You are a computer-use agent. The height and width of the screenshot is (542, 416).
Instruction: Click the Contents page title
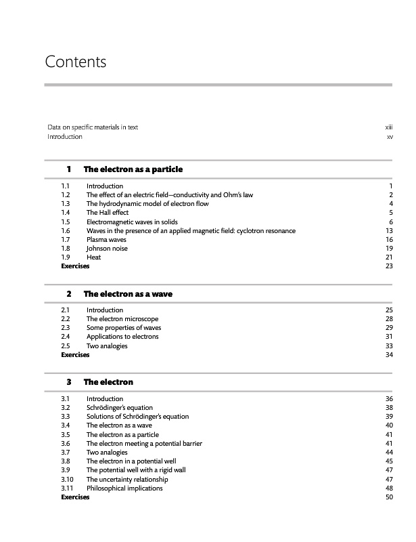click(x=76, y=62)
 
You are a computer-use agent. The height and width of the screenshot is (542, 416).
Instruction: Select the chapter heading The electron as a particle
click(x=133, y=169)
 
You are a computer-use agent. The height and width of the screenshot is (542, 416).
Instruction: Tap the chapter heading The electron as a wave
click(x=128, y=294)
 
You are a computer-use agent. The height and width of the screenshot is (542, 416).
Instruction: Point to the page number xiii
click(x=389, y=127)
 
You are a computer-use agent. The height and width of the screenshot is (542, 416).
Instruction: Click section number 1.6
click(x=66, y=231)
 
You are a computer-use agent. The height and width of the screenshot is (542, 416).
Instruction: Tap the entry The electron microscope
click(x=122, y=319)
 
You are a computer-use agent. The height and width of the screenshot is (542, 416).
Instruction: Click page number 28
click(x=389, y=319)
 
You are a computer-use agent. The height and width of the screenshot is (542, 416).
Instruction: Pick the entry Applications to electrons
click(x=122, y=337)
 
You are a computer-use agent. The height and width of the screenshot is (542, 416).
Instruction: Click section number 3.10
click(x=67, y=480)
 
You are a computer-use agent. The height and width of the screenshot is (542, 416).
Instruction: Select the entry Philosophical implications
click(x=124, y=488)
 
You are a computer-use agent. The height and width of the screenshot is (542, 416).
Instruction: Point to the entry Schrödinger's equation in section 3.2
click(x=118, y=408)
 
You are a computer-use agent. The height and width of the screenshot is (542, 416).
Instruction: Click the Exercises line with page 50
click(x=75, y=497)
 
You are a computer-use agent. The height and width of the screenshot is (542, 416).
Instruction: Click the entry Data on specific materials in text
click(x=93, y=127)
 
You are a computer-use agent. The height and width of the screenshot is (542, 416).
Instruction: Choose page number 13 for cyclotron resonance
click(x=389, y=231)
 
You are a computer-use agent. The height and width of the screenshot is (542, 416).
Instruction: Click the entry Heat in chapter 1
click(x=93, y=257)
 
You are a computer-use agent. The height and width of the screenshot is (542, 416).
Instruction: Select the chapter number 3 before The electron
click(x=69, y=382)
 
